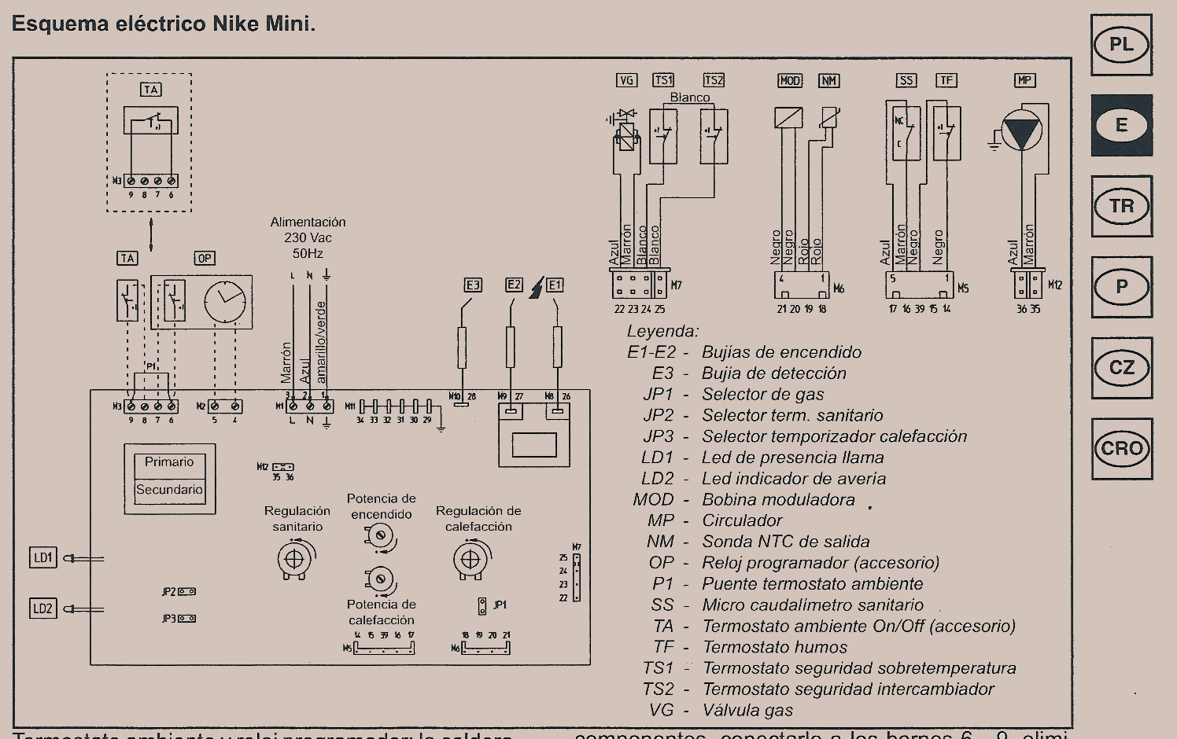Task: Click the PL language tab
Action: coord(1121,45)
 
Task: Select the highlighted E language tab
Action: coord(1121,125)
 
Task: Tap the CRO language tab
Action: coord(1121,449)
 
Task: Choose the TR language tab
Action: coord(1121,206)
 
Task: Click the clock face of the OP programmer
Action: coord(225,302)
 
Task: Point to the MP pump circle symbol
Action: coord(1022,130)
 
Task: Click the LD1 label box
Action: coord(43,558)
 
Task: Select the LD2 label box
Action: coord(43,608)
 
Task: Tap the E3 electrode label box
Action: coord(473,285)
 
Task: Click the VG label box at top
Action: coord(626,80)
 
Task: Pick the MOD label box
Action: coord(789,80)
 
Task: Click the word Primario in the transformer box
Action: coord(169,462)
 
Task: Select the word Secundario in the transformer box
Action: coord(169,489)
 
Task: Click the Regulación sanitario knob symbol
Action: coord(294,560)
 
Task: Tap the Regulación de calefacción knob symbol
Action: coord(470,560)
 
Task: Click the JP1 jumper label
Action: coord(500,605)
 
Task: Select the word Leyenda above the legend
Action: coord(662,331)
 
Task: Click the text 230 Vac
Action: coord(308,237)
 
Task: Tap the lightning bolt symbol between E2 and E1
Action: coord(536,288)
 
